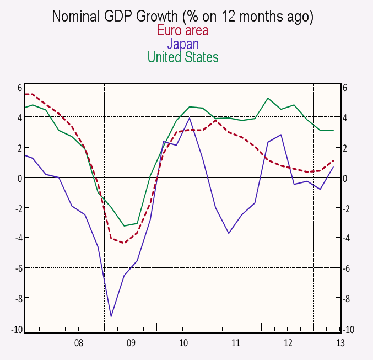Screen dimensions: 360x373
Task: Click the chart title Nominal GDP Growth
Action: tap(182, 17)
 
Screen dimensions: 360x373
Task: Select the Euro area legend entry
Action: tap(182, 30)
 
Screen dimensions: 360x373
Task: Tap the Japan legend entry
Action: tap(182, 44)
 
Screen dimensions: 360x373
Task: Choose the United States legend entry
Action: tap(182, 57)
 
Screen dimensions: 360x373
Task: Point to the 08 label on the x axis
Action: tap(79, 343)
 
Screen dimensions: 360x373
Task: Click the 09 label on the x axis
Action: tap(131, 343)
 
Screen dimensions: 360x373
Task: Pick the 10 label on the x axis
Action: tap(183, 343)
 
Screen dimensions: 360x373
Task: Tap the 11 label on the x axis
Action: tap(236, 343)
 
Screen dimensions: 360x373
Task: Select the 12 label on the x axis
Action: tap(288, 343)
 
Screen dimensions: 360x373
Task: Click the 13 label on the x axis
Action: tap(340, 343)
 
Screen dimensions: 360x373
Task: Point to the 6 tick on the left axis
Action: tap(19, 87)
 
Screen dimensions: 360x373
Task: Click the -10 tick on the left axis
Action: tap(17, 329)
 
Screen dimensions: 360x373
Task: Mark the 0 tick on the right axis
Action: tap(345, 178)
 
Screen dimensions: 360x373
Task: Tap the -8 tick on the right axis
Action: tap(347, 299)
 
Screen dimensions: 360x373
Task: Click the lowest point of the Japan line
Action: tap(111, 316)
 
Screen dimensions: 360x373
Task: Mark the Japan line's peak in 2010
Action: tap(190, 118)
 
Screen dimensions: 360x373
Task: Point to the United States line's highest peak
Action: tap(268, 99)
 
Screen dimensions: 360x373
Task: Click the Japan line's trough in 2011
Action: tap(229, 233)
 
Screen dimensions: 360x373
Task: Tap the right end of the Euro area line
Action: tap(333, 161)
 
